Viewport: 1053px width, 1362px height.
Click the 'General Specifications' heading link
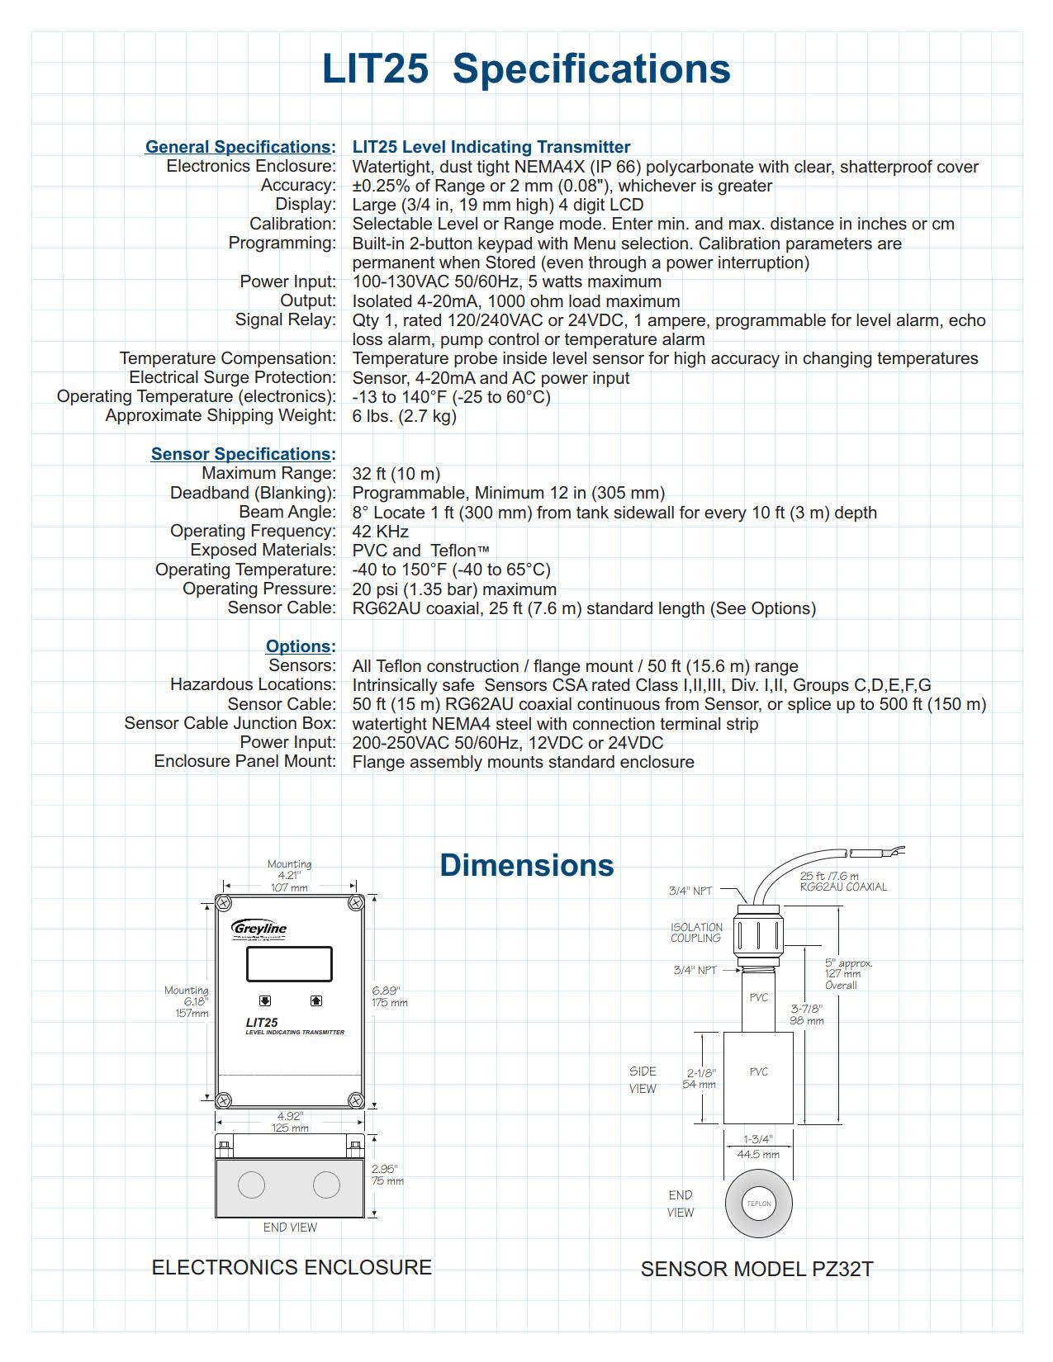[x=238, y=147]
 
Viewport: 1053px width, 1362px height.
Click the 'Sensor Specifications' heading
[x=240, y=454]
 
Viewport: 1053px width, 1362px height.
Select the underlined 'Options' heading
[x=298, y=646]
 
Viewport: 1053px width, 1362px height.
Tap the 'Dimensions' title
[x=527, y=865]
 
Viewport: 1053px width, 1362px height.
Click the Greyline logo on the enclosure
[x=259, y=929]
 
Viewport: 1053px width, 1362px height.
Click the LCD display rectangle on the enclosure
[x=289, y=963]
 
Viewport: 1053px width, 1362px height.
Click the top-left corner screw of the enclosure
[x=224, y=903]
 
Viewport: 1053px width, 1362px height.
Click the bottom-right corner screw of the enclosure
[x=356, y=1100]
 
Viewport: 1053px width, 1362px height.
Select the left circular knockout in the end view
[x=251, y=1185]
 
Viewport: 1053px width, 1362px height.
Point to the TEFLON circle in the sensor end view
[x=758, y=1204]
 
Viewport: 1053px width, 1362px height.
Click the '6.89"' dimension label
[x=386, y=991]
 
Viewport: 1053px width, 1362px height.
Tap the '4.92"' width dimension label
[x=290, y=1116]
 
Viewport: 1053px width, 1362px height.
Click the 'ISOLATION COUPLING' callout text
[x=696, y=933]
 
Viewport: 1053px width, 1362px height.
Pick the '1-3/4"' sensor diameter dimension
[x=757, y=1139]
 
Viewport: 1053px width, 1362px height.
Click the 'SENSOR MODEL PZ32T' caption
[x=757, y=1269]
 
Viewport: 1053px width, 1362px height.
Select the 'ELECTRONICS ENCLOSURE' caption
[x=292, y=1267]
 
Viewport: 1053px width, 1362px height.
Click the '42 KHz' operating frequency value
[x=380, y=532]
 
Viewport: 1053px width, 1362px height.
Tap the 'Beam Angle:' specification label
[x=287, y=512]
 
